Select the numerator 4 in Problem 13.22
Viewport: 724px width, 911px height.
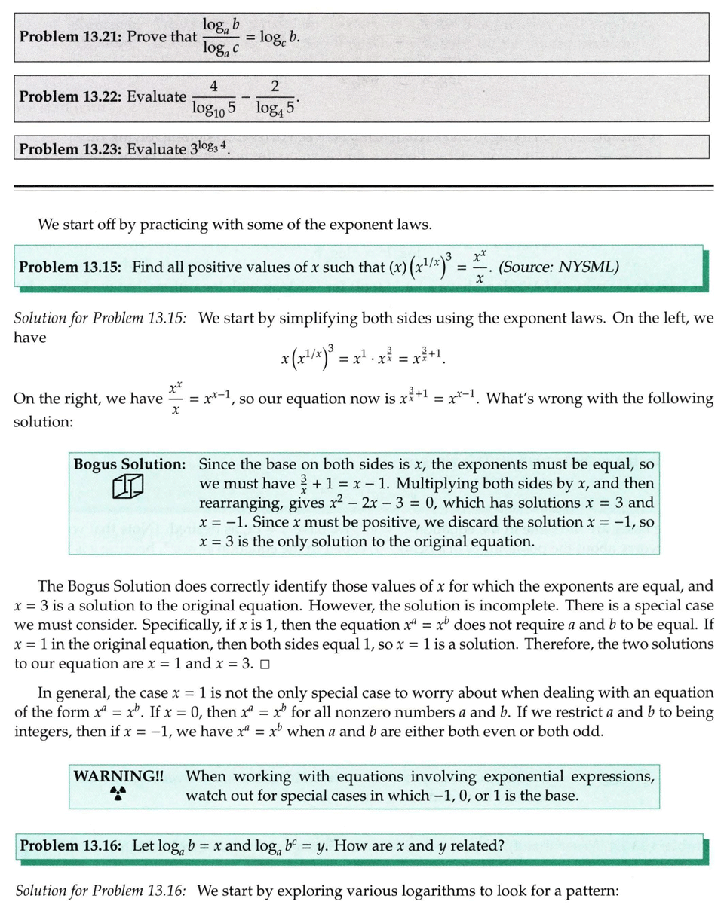click(x=213, y=87)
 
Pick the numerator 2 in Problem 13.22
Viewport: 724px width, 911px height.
click(x=275, y=87)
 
